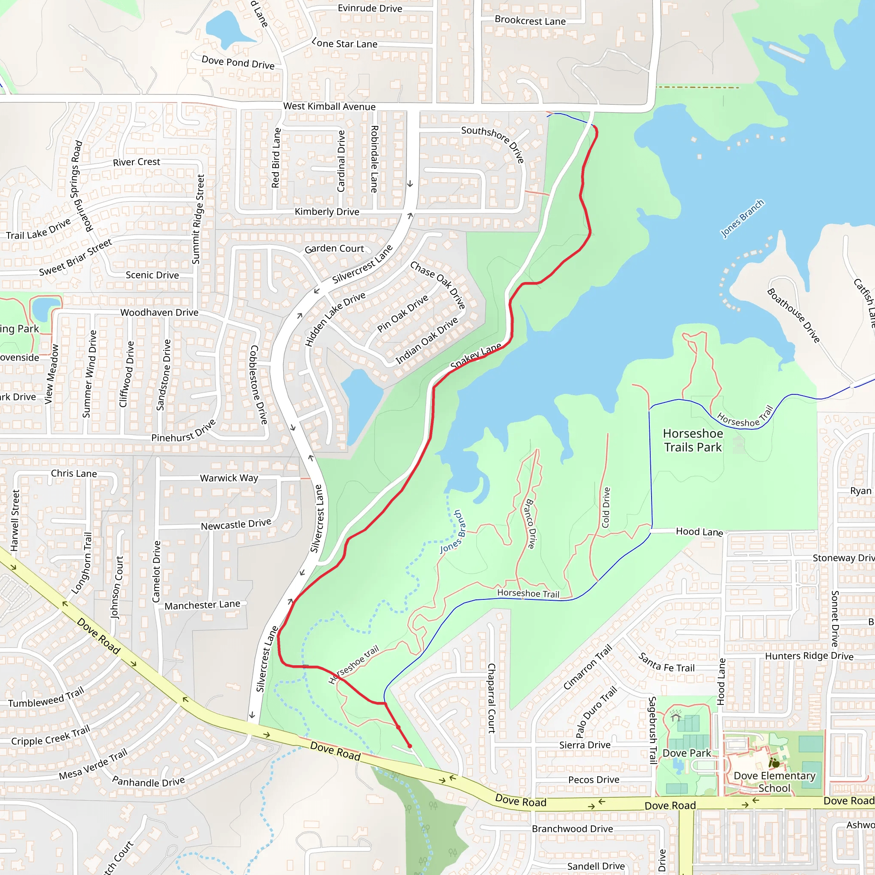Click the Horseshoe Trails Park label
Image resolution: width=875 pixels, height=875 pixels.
tap(693, 440)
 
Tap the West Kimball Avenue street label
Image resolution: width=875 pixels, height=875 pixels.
tap(329, 106)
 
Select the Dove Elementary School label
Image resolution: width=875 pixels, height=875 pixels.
tap(775, 782)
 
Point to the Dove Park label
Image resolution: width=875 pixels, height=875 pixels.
tap(687, 753)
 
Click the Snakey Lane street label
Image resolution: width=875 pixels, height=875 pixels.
tap(476, 356)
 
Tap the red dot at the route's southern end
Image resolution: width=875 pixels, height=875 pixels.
tap(410, 746)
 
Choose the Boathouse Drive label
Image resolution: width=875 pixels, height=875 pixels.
tap(793, 316)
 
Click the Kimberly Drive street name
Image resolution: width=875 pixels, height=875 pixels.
tap(327, 211)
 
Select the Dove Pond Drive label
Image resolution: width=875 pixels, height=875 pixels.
tap(238, 62)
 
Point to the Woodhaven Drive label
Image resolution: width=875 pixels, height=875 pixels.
tap(159, 312)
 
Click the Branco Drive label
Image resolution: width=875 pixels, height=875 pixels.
tap(530, 523)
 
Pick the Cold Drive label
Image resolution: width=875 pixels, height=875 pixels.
tap(606, 507)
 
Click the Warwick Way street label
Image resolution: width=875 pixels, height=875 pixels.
tap(229, 478)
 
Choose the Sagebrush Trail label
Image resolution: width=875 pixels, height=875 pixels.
tap(653, 730)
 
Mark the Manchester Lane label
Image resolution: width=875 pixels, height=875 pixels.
tap(203, 605)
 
